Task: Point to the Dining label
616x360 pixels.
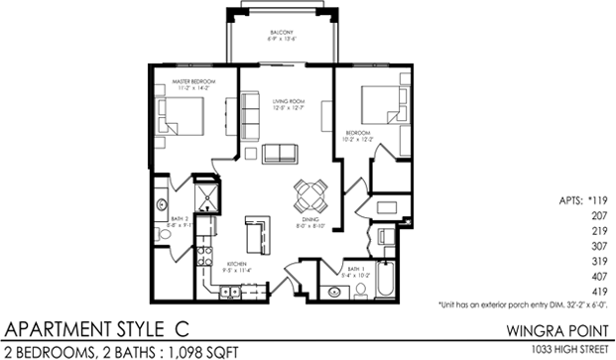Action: [x=310, y=221]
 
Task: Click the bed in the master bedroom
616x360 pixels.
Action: [x=185, y=124]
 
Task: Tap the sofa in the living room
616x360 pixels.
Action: [x=282, y=152]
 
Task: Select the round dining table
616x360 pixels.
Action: [x=310, y=191]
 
